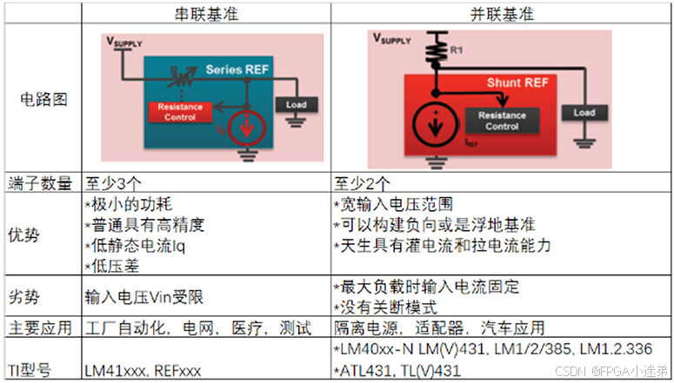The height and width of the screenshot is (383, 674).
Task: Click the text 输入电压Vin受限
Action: pyautogui.click(x=144, y=297)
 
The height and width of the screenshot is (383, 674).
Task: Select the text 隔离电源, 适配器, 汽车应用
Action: pyautogui.click(x=440, y=328)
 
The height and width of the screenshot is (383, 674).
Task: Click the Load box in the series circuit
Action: pyautogui.click(x=290, y=105)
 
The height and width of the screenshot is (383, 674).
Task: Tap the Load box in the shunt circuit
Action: pyautogui.click(x=584, y=113)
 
